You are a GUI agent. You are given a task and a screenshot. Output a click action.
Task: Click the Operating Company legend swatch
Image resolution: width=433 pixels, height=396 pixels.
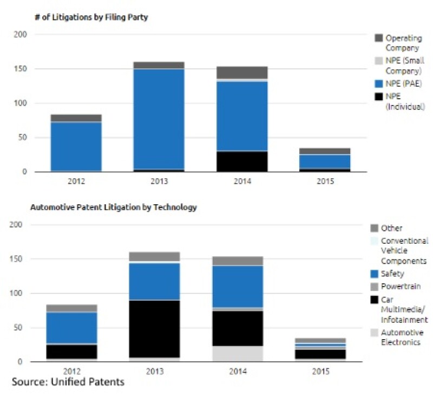(379, 38)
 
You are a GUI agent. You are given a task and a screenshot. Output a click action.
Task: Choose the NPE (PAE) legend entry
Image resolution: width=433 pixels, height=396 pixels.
(401, 83)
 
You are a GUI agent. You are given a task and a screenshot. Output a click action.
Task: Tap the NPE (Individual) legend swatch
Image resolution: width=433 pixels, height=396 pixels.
(379, 96)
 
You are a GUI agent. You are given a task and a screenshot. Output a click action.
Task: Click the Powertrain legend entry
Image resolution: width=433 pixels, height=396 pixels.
(400, 286)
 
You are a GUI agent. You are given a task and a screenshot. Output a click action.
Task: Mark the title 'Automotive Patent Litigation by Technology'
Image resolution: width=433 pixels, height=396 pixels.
(114, 207)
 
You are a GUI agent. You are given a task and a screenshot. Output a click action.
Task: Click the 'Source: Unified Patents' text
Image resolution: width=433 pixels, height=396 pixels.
(68, 382)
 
